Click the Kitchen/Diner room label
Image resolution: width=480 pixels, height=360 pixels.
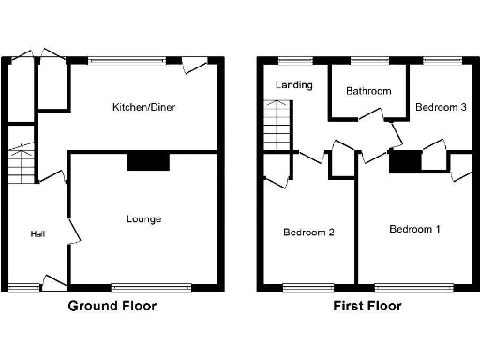pos(143,107)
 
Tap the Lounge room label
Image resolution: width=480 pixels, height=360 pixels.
pos(144,219)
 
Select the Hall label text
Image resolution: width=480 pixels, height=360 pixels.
pos(37,233)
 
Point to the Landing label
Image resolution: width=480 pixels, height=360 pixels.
pos(292,85)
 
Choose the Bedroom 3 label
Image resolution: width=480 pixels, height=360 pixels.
pos(441,108)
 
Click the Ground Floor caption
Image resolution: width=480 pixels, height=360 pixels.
pos(112,306)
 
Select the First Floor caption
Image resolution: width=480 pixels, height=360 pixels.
pos(367,306)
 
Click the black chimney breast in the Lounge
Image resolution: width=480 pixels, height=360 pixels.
pos(148,162)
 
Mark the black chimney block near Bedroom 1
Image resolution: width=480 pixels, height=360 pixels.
pos(405,162)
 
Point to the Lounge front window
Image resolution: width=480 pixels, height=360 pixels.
pos(151,286)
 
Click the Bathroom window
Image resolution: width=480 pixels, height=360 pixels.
pos(368,61)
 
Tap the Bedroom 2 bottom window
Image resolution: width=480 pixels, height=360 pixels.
pos(308,286)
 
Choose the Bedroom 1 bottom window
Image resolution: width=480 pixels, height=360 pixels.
pos(412,286)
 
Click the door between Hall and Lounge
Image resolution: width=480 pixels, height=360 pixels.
pos(71,230)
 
